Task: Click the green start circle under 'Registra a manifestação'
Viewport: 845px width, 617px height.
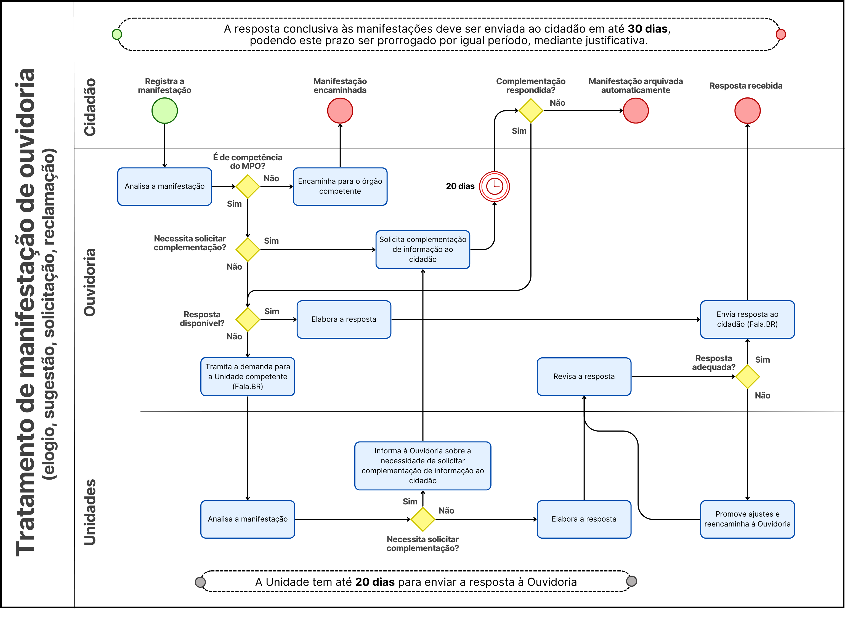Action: tap(164, 111)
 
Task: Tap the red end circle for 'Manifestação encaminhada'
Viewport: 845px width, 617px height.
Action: tap(340, 111)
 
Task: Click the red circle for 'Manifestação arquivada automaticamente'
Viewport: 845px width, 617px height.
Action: tap(636, 111)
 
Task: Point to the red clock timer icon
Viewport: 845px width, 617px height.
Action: tap(494, 186)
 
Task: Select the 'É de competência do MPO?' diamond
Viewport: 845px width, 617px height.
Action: tap(248, 186)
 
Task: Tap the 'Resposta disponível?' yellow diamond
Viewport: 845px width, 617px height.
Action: tap(248, 319)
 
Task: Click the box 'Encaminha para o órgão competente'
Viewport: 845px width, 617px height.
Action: tap(340, 186)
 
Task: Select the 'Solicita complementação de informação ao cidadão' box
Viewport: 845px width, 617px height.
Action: tap(422, 249)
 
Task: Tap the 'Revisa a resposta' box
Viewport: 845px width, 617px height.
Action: tap(584, 376)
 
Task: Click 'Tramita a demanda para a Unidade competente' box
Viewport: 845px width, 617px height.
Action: tap(248, 376)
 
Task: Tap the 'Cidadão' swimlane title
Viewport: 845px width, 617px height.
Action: tap(90, 107)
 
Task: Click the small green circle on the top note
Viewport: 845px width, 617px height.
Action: tap(117, 34)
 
